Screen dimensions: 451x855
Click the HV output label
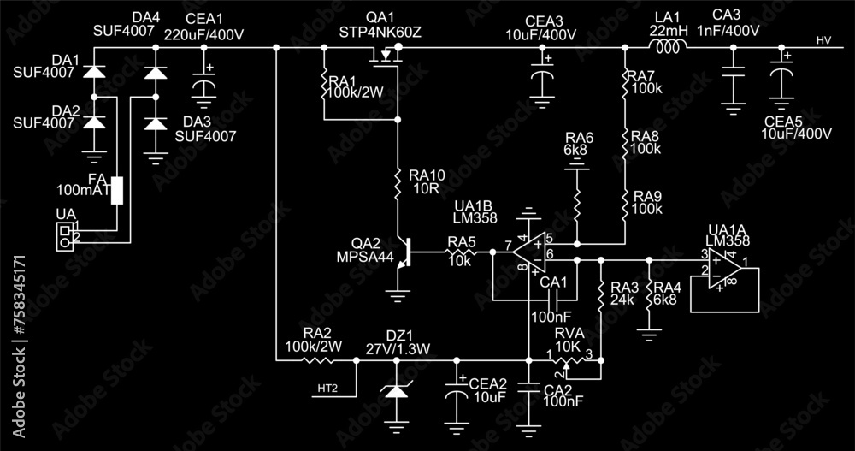[823, 40]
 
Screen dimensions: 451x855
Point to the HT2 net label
[327, 389]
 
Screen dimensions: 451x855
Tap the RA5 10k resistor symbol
[462, 252]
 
